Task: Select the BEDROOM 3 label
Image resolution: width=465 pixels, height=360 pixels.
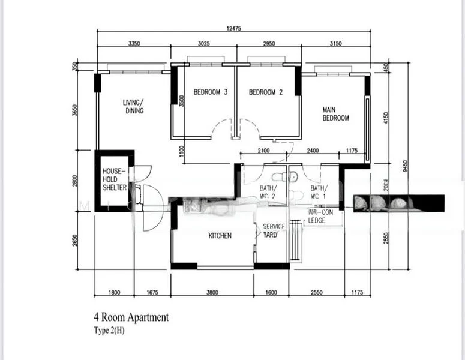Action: (x=210, y=92)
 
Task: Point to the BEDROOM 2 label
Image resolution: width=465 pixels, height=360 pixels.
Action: (x=265, y=92)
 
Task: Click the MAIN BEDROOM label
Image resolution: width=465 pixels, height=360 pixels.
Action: (x=335, y=114)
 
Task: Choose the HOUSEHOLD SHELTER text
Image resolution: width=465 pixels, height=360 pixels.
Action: (x=114, y=179)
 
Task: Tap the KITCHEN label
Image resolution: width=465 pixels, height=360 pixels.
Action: (x=220, y=236)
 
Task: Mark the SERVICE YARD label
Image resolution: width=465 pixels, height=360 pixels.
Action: (x=271, y=230)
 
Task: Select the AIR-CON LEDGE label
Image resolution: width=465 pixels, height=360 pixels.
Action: (x=321, y=217)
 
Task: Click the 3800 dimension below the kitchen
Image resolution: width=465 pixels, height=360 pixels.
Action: (x=213, y=293)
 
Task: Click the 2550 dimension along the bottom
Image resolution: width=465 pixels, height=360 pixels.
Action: (x=316, y=293)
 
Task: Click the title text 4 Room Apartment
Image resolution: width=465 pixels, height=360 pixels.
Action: (x=131, y=317)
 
